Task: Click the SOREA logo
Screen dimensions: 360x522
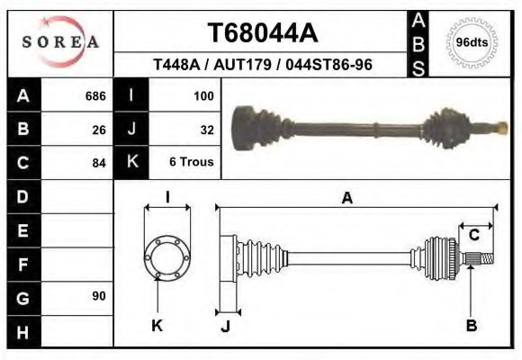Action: pos(60,41)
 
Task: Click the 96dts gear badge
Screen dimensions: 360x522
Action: pos(472,42)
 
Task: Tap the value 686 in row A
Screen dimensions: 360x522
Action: pos(94,95)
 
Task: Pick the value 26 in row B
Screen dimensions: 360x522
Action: pos(98,129)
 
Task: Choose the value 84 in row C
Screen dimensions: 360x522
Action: pos(98,163)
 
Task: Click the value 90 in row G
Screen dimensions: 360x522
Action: pos(98,296)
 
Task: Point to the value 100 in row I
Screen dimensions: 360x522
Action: pos(202,95)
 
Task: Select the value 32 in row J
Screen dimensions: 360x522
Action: pos(206,129)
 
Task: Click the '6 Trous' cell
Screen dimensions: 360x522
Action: pos(191,163)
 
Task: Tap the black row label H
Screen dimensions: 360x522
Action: pos(23,331)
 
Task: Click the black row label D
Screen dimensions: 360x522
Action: pos(23,196)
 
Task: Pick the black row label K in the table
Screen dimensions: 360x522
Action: pos(131,162)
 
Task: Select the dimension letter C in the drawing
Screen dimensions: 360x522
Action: pos(473,236)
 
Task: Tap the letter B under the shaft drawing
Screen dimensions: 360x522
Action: pos(471,325)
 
